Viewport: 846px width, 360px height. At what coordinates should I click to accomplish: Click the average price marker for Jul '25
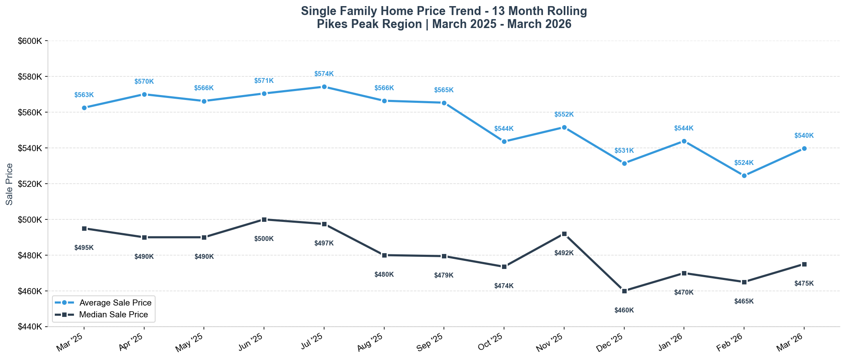pos(324,87)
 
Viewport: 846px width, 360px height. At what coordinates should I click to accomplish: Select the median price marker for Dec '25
pos(624,291)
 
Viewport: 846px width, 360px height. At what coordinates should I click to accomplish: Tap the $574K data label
pos(324,74)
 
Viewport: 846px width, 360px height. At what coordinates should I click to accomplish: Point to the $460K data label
pos(624,310)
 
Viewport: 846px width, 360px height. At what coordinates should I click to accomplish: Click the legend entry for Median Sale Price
pos(114,314)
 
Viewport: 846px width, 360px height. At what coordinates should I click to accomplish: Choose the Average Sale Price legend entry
pos(115,303)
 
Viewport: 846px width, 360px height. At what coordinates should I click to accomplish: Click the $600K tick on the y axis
pos(30,41)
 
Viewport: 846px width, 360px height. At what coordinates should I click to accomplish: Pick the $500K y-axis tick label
pos(30,220)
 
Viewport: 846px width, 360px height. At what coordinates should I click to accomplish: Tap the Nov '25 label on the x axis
pos(550,342)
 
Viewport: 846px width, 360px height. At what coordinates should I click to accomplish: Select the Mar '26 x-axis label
pos(790,342)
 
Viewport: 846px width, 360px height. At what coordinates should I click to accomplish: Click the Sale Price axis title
pos(9,184)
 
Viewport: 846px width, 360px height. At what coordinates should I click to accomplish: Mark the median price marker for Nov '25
pos(564,234)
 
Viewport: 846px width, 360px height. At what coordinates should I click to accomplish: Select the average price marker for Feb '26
pos(744,176)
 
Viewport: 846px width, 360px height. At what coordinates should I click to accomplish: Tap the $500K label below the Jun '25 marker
pos(264,239)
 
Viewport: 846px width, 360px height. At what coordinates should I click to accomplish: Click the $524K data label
pos(744,163)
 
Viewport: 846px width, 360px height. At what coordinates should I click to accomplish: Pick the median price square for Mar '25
pos(84,228)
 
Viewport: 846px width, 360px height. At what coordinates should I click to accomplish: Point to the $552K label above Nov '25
pos(564,115)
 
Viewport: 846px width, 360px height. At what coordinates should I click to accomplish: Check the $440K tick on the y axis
pos(30,327)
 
